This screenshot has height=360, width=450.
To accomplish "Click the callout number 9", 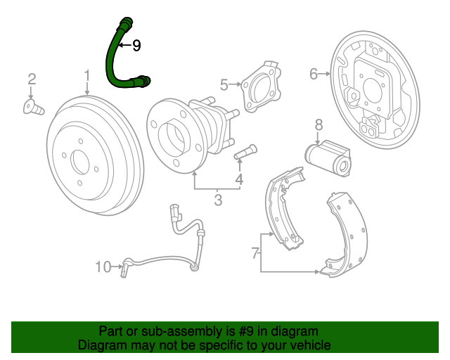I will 136,46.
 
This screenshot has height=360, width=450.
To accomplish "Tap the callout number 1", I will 87,75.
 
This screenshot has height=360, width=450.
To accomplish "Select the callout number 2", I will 32,78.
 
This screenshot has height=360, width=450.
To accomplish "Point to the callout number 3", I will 218,200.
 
